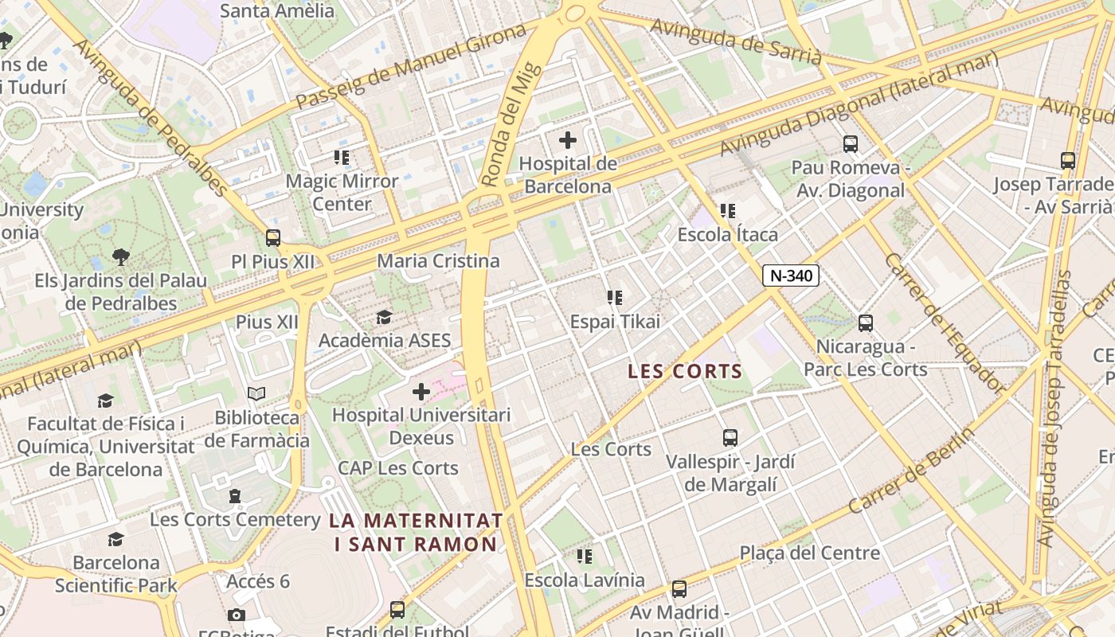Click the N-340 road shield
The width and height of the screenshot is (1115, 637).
click(791, 276)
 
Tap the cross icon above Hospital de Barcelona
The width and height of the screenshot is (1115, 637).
click(567, 141)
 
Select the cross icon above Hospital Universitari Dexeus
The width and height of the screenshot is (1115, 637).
click(421, 392)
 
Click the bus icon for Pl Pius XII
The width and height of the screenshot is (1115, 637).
click(273, 237)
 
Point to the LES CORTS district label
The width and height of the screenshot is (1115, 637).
click(685, 371)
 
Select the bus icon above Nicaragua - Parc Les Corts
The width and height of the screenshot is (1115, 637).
click(866, 323)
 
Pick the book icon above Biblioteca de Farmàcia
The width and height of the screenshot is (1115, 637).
click(256, 394)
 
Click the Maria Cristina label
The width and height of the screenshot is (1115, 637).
click(438, 261)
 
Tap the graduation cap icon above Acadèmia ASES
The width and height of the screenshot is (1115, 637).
click(384, 318)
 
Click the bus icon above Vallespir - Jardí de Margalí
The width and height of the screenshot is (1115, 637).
click(730, 438)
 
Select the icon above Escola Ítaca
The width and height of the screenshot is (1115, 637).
click(727, 211)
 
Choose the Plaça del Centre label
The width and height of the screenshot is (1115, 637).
click(809, 553)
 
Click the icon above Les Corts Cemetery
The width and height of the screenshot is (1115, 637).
click(235, 496)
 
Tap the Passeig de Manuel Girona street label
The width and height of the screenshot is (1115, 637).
click(411, 67)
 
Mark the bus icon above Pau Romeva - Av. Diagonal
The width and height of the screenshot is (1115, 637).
click(851, 144)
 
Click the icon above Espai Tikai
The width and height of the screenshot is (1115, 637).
click(615, 298)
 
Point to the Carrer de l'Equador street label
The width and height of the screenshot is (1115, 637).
click(944, 323)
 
